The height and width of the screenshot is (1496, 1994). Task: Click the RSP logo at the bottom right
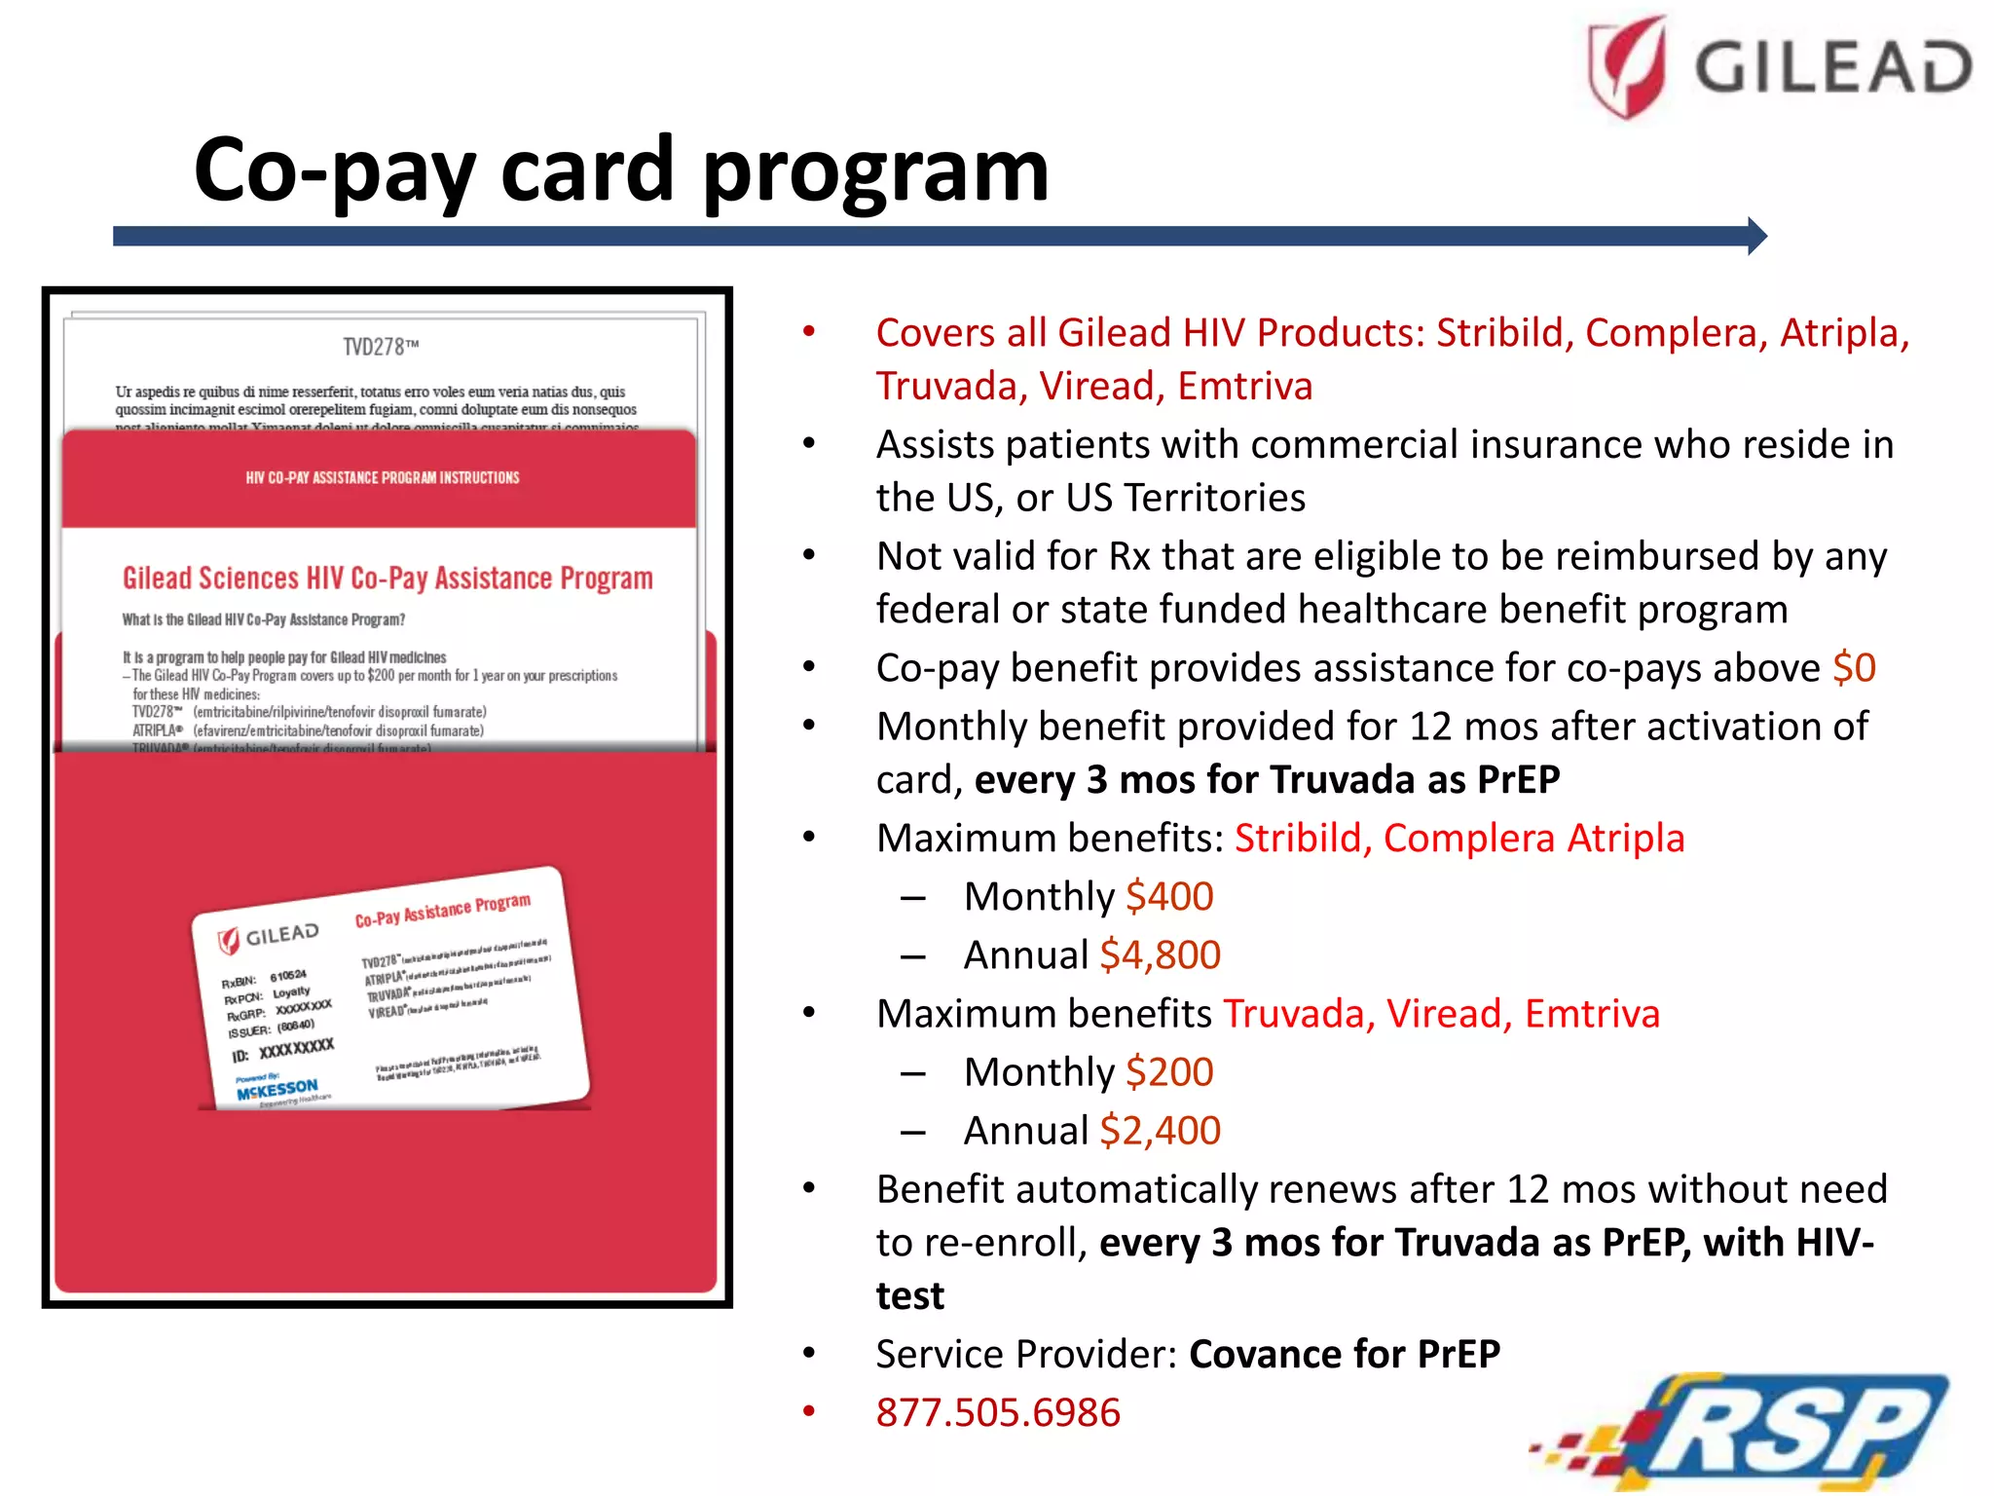(1753, 1430)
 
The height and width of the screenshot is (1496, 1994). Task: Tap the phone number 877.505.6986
(998, 1412)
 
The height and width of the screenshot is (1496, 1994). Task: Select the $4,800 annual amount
(1160, 955)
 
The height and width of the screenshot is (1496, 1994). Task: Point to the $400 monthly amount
(1169, 897)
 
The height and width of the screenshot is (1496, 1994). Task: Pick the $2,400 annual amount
(1160, 1131)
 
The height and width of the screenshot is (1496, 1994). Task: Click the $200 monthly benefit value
(1169, 1072)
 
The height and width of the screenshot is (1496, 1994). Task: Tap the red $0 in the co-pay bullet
(1854, 668)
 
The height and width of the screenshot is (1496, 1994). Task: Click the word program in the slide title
(875, 171)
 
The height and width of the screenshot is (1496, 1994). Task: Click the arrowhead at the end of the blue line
(1756, 236)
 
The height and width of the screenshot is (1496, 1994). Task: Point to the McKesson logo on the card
(277, 1089)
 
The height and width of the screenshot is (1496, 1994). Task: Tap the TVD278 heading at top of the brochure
(381, 347)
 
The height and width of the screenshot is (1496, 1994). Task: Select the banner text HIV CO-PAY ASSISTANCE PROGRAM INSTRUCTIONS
(383, 477)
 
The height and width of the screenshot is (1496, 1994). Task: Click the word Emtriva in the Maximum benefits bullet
(1592, 1014)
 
